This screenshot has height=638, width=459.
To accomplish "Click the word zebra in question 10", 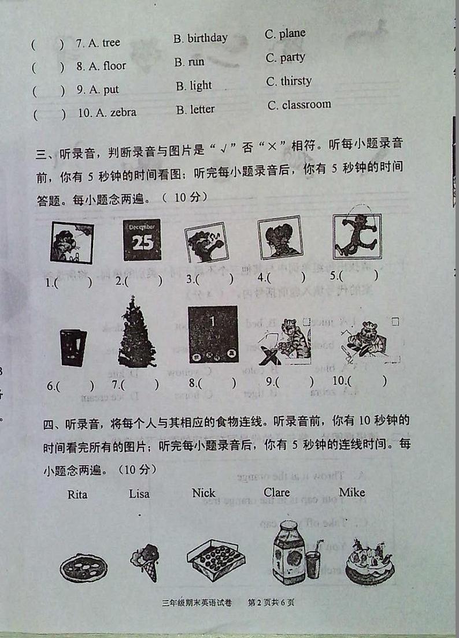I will pos(120,113).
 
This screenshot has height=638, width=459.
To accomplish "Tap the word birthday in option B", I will pos(207,38).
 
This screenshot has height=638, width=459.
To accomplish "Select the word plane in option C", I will pos(292,33).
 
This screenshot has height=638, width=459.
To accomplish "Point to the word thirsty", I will pos(296,81).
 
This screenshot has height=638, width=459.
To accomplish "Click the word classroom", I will pos(306,105).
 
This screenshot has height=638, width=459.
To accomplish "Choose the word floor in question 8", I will pos(114,66).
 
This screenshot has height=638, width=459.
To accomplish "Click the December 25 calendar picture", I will pos(142,240).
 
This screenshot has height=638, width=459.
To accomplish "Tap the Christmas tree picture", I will pos(137,333).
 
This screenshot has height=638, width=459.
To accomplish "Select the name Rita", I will pos(77,494).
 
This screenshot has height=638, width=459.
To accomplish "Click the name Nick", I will pos(203,493).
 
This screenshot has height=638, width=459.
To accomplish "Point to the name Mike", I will pos(351,493).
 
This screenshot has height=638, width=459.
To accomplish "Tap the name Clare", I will pos(276,493).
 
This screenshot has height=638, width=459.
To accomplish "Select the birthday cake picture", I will pos(369,560).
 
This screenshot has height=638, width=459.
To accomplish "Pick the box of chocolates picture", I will pos(216,558).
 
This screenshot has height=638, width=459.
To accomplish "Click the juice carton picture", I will pos(289,551).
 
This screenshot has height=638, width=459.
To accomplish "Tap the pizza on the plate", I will pos(83,567).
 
